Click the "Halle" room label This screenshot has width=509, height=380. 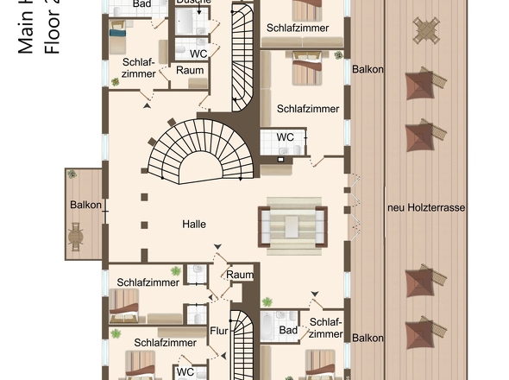point(194,225)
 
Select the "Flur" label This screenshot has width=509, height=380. point(220,330)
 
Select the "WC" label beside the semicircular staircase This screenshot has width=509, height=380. point(285,137)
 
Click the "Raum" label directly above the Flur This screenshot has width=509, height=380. point(241,275)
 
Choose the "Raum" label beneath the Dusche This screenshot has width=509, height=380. point(190,70)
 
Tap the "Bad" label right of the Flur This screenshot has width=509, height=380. point(288,330)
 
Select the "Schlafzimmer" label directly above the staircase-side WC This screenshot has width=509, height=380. point(307,109)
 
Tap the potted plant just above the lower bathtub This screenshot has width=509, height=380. point(267,302)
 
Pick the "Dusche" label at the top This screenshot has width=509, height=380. point(194,3)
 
